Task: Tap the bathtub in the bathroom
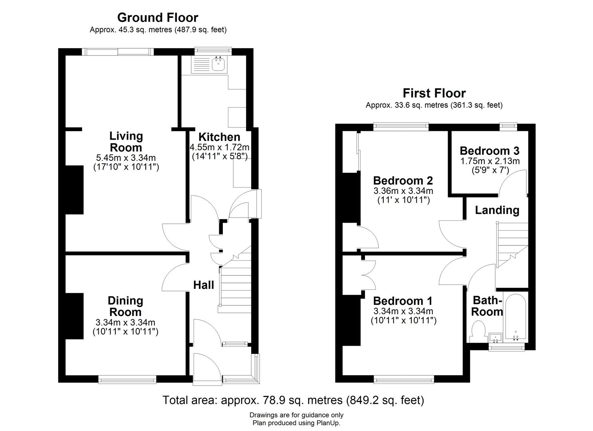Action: coord(516,317)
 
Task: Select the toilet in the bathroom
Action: coord(478,332)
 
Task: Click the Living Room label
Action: coord(126,141)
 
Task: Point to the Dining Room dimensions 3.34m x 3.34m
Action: coord(125,322)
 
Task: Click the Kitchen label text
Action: coord(219,137)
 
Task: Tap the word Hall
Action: coord(204,285)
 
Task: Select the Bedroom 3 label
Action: coord(489,151)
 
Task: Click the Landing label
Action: coord(497,210)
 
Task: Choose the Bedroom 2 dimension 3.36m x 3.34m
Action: coord(403,191)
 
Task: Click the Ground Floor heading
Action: coord(157,18)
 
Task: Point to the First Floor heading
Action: coord(434,93)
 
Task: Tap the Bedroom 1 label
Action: coord(403,301)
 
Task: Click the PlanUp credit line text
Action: coord(296,423)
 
